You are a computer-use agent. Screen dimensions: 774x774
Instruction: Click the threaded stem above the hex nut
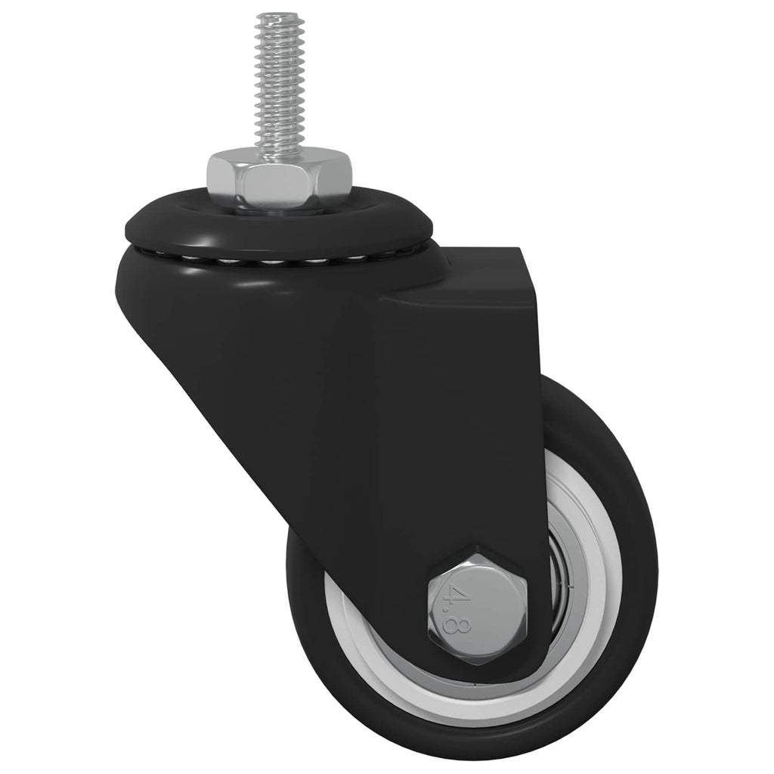point(277,83)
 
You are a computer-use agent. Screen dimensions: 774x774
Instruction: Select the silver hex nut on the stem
point(280,179)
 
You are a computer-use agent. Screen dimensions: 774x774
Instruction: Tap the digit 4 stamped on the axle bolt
point(459,589)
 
